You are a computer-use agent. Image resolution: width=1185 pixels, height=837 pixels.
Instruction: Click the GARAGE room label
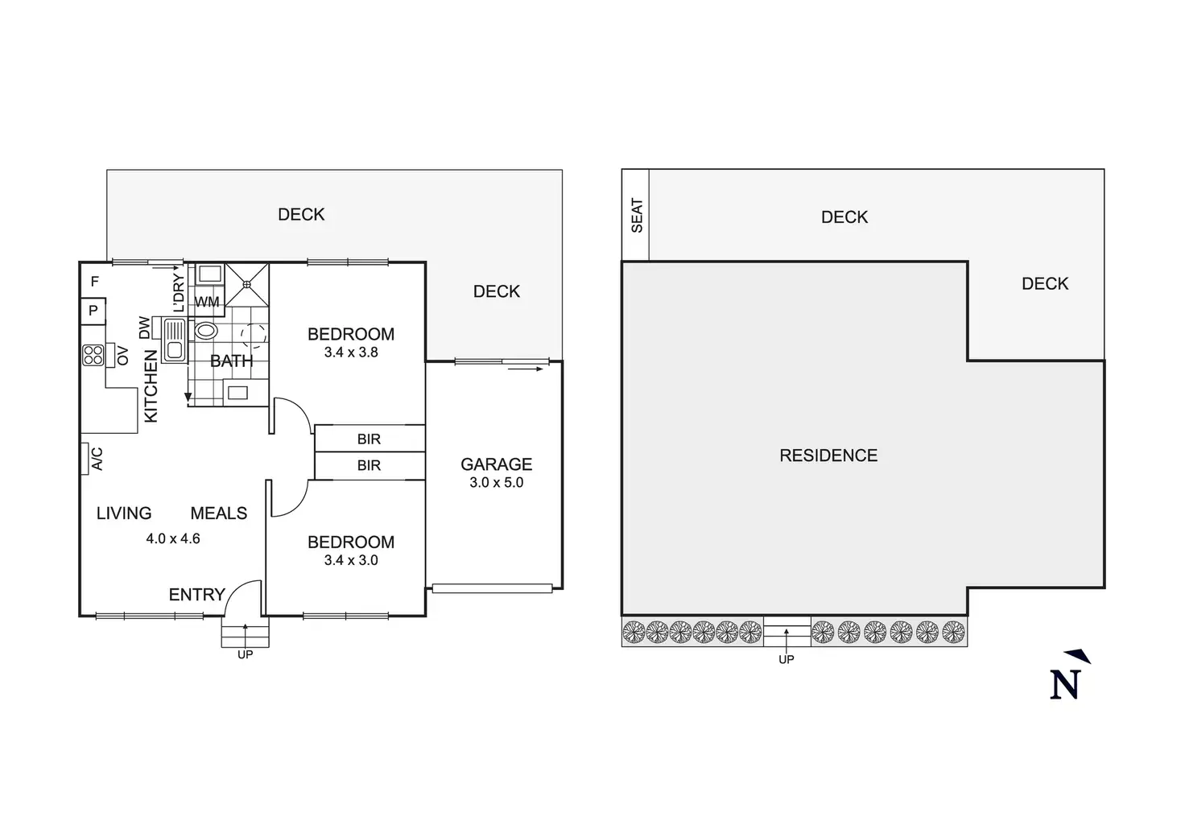pos(496,464)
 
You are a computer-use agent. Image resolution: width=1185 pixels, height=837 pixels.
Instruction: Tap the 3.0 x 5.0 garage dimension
pos(496,483)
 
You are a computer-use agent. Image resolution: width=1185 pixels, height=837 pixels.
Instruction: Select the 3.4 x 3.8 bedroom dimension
pos(351,353)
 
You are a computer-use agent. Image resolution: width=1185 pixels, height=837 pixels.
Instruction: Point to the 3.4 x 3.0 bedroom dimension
pos(351,560)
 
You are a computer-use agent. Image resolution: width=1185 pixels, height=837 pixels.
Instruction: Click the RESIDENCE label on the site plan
pos(828,456)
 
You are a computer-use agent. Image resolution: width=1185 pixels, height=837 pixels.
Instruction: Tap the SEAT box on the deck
pos(636,216)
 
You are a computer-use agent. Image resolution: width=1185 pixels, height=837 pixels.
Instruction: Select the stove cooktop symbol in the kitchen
pos(93,355)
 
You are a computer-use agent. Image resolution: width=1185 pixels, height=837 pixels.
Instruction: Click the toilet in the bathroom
pos(206,330)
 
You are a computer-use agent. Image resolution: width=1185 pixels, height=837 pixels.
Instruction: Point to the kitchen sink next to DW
pos(174,340)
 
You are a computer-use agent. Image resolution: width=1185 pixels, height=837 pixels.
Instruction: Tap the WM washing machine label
pos(207,303)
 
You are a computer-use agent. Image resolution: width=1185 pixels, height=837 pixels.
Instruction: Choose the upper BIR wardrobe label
pos(369,439)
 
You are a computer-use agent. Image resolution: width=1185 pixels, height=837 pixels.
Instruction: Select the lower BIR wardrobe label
pos(369,466)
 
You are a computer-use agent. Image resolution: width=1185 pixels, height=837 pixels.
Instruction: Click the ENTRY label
pos(196,595)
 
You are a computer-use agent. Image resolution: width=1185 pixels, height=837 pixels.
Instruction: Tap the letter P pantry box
pos(93,311)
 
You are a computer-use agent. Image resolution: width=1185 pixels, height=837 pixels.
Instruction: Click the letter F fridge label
pos(95,282)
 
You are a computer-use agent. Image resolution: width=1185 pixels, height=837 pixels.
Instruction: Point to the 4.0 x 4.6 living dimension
pos(173,539)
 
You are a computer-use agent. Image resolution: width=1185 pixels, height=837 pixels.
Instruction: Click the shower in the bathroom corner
pos(247,284)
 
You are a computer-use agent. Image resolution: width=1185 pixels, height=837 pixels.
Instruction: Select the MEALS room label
pos(219,513)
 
